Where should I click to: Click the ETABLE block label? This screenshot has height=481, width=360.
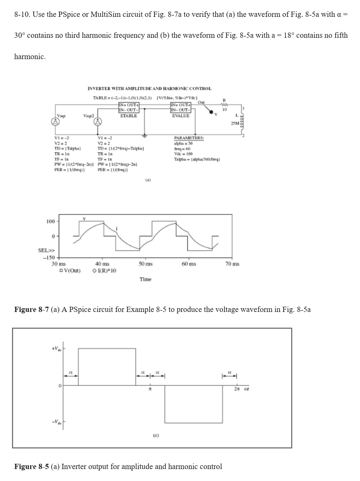(x=128, y=116)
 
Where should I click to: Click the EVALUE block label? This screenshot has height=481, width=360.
(x=181, y=116)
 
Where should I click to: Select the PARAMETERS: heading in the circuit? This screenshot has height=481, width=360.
(x=189, y=138)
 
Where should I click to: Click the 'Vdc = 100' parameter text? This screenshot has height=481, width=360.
(x=183, y=154)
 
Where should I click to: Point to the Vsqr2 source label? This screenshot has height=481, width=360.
(x=89, y=116)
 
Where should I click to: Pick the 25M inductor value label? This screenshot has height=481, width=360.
(x=235, y=123)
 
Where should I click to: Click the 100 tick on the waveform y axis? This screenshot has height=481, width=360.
(x=51, y=221)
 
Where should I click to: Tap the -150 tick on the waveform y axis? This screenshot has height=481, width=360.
(x=49, y=258)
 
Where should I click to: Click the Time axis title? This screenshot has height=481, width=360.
(x=145, y=279)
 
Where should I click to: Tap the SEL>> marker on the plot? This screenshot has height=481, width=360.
(x=46, y=250)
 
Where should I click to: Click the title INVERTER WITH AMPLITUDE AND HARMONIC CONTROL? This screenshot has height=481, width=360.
(x=149, y=89)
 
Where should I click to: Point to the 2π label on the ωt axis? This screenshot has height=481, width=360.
(x=237, y=390)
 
